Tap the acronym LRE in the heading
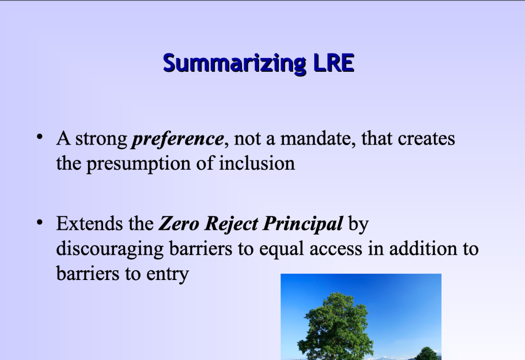(333, 63)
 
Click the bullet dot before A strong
(39, 138)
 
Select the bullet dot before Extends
(39, 224)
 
